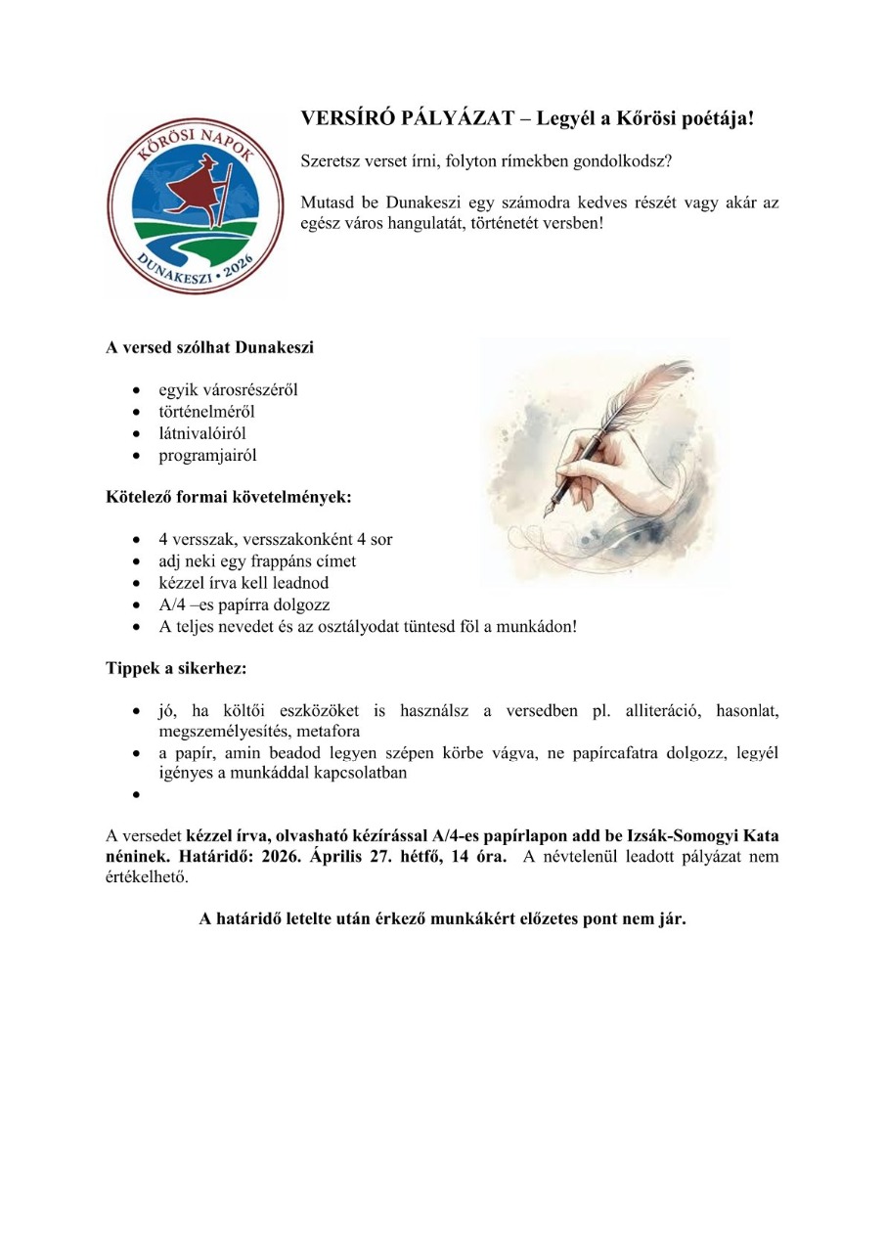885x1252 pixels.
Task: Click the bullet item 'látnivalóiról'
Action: click(x=208, y=433)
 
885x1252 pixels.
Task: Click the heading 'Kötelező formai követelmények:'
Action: click(x=228, y=496)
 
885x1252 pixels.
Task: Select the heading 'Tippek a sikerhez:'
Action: click(x=176, y=669)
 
